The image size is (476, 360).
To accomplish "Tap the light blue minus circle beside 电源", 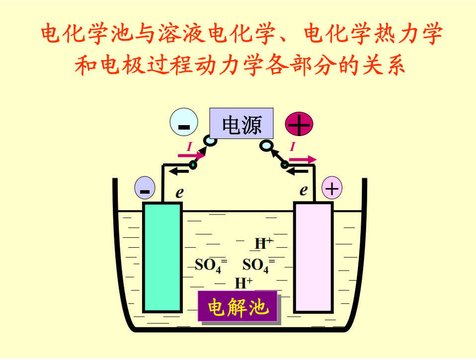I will [x=184, y=124].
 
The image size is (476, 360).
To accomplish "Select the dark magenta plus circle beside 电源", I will [x=299, y=124].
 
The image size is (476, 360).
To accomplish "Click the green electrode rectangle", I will [x=162, y=257].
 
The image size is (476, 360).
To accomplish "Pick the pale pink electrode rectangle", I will [x=313, y=257].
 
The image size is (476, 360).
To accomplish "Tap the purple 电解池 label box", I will [x=238, y=307].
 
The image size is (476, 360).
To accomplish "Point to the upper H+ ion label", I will [x=263, y=243].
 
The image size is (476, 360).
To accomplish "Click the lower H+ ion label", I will [x=243, y=283].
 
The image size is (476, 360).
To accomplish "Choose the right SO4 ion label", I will [x=258, y=265].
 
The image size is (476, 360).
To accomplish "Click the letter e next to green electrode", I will [x=179, y=193].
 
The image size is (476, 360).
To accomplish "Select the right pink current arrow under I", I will [x=303, y=159].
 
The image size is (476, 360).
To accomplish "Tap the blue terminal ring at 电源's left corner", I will [x=211, y=141].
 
